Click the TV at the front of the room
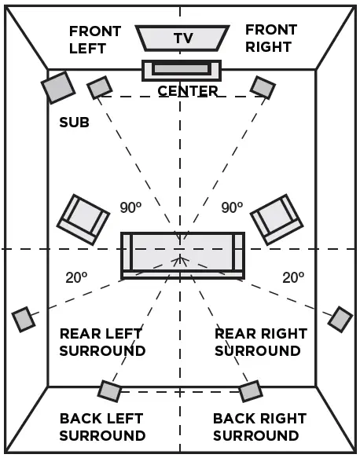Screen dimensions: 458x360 click(x=182, y=37)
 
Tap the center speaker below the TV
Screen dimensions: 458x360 click(x=182, y=69)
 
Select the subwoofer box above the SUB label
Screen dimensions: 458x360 click(x=58, y=87)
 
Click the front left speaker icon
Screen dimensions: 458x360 click(x=99, y=87)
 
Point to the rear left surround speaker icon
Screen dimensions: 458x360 click(x=24, y=319)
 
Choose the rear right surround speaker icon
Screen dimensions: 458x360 click(x=340, y=319)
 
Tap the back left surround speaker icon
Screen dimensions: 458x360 click(x=110, y=390)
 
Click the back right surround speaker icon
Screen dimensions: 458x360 click(x=250, y=390)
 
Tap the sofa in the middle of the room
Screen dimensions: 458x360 click(x=182, y=254)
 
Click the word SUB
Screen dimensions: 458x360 click(x=74, y=123)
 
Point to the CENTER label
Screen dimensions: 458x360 click(x=188, y=91)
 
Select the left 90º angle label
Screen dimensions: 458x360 click(x=130, y=208)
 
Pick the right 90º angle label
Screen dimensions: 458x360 click(x=232, y=208)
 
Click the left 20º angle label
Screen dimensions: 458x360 click(x=75, y=277)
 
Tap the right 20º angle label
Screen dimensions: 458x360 click(x=293, y=277)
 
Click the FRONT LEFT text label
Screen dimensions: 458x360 click(x=94, y=39)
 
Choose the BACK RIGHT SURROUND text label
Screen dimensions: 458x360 click(x=259, y=427)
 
